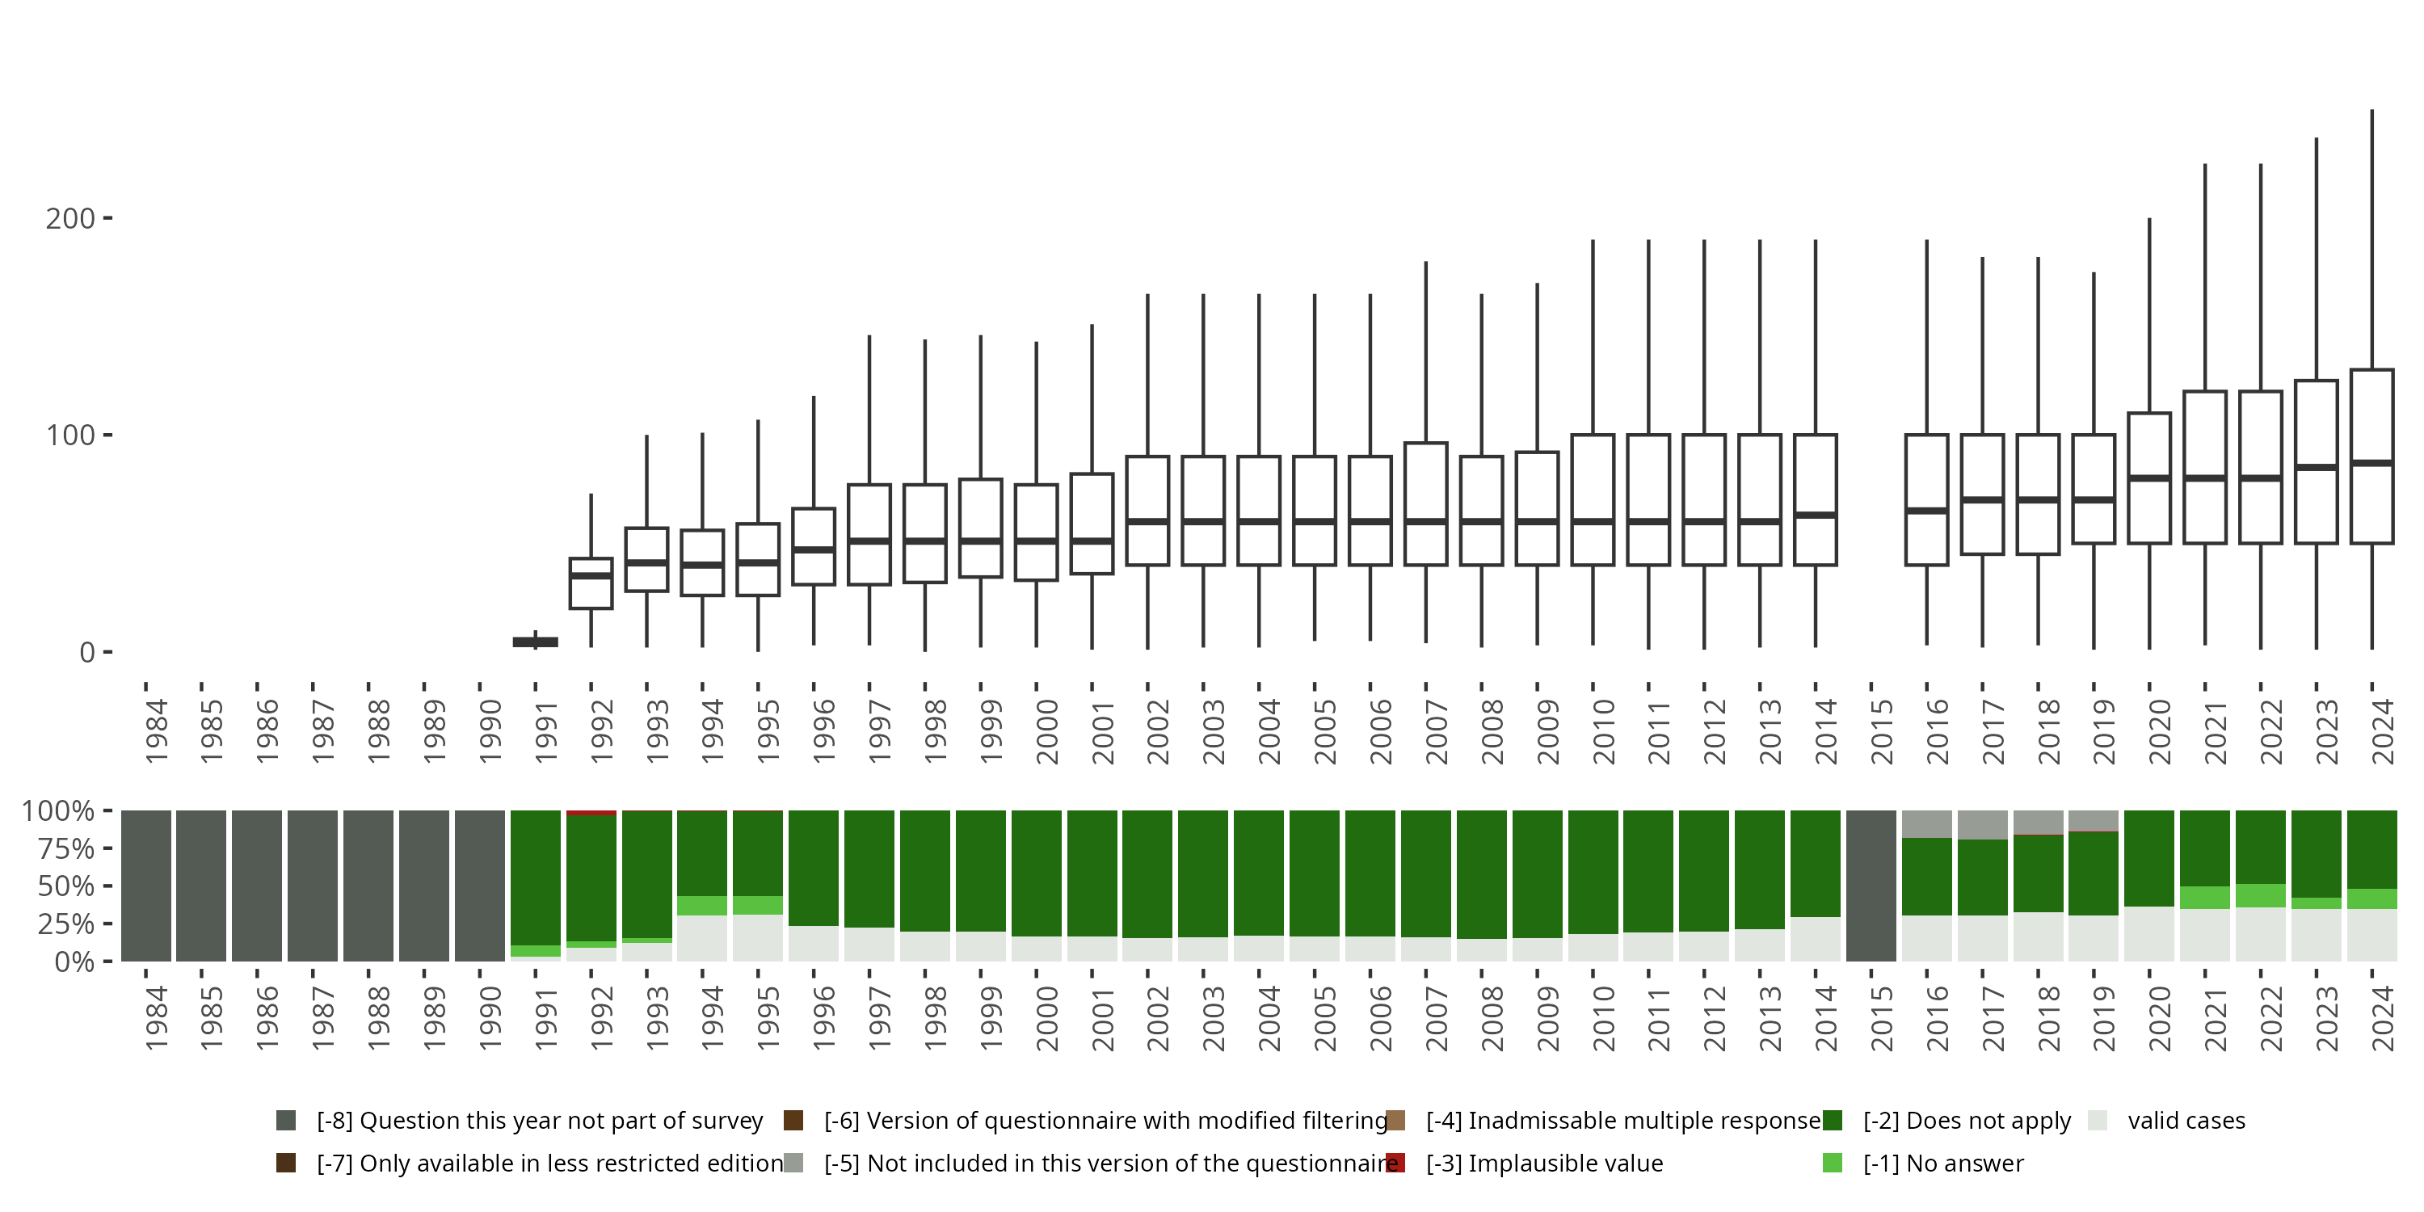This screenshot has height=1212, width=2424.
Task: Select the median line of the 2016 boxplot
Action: (1926, 511)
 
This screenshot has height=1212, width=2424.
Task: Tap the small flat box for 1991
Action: (536, 642)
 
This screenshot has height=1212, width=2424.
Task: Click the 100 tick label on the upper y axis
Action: (70, 436)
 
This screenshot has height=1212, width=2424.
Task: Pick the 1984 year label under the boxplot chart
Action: (156, 730)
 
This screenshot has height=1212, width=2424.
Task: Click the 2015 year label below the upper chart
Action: (1881, 730)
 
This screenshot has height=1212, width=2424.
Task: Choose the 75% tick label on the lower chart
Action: (65, 848)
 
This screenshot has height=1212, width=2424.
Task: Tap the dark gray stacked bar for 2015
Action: (1871, 886)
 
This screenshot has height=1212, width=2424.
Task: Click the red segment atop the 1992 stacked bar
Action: (591, 813)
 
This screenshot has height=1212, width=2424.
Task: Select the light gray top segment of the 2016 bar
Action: (1926, 824)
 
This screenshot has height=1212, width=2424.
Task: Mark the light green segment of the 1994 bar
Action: (702, 905)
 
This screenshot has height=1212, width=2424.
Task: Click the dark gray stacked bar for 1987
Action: (313, 886)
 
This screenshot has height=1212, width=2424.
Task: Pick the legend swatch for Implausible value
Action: (1396, 1163)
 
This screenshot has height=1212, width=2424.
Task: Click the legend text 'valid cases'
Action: (2186, 1121)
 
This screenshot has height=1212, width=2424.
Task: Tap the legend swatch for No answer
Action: (1832, 1163)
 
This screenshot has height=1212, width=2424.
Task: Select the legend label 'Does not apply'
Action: (1967, 1121)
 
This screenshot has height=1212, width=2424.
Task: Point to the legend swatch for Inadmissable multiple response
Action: (1396, 1121)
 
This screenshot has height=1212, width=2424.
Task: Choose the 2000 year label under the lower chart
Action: (1046, 1018)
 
